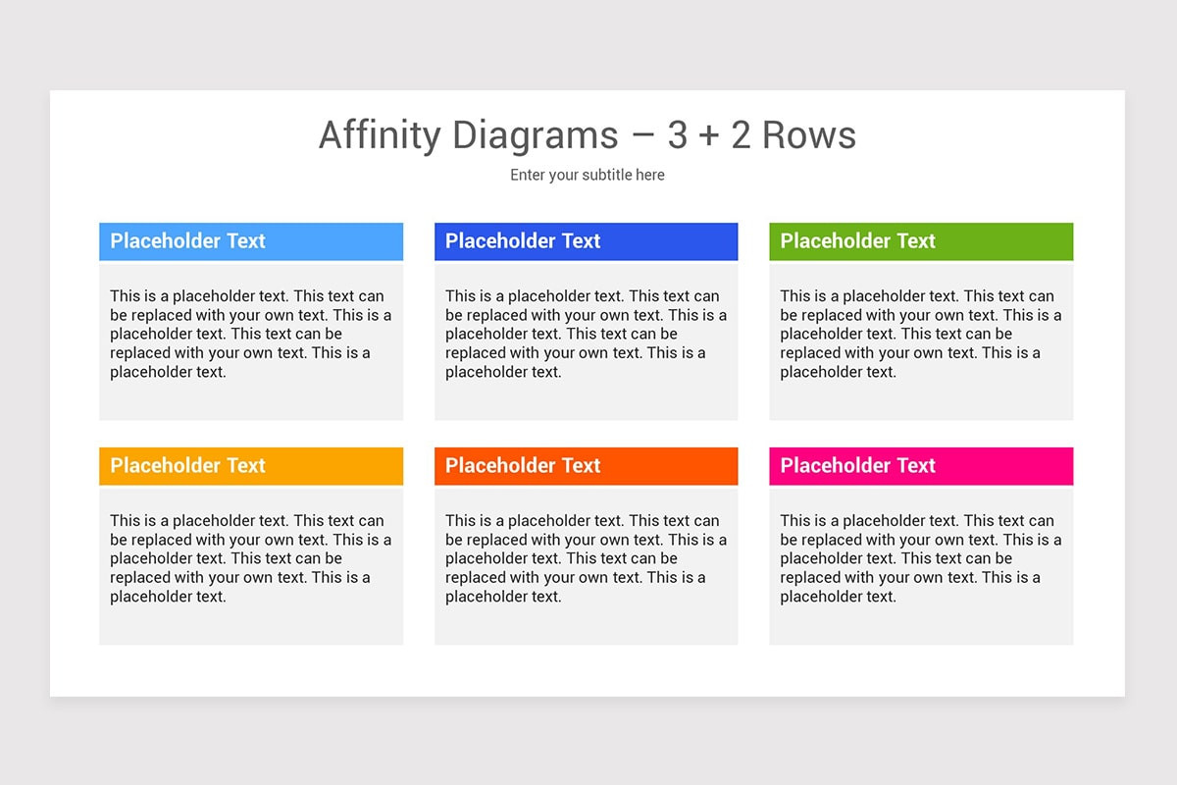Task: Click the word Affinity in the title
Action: click(x=381, y=135)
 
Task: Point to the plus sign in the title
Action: click(x=709, y=136)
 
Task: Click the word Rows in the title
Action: click(x=809, y=135)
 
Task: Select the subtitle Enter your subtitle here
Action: click(x=588, y=175)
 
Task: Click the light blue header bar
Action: click(x=251, y=241)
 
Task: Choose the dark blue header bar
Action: click(x=586, y=241)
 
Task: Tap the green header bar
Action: click(x=921, y=241)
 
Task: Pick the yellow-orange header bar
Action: click(x=251, y=466)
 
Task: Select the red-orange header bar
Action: click(x=586, y=466)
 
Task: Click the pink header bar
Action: click(x=921, y=466)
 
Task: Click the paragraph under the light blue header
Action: click(x=250, y=334)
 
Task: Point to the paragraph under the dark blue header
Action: click(x=586, y=334)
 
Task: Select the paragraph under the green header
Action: click(x=921, y=334)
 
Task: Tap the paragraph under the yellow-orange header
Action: click(x=250, y=558)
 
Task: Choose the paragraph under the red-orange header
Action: click(x=586, y=558)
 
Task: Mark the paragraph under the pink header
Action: click(x=921, y=558)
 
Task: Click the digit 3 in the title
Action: click(x=677, y=135)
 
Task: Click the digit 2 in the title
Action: click(x=741, y=135)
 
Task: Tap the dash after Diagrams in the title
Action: click(x=642, y=136)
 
